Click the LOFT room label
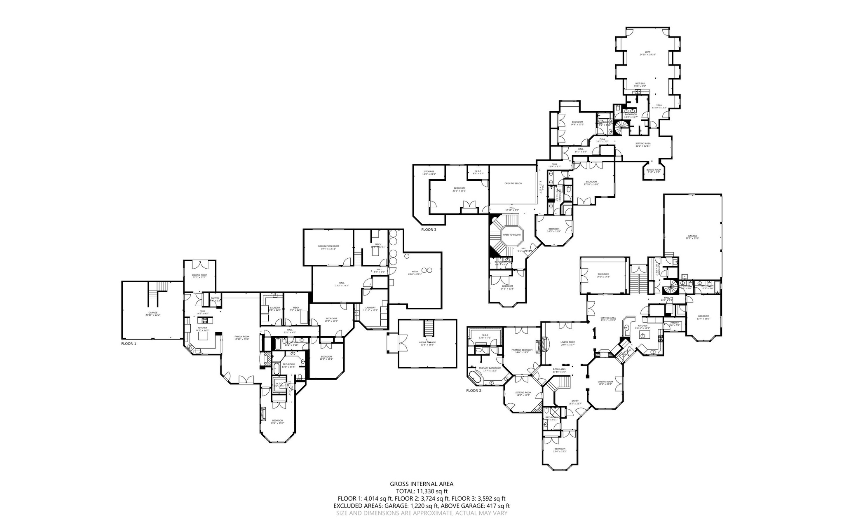647,52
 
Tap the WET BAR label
640,83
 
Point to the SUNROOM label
603,274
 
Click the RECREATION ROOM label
328,246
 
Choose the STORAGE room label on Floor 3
429,171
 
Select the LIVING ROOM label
567,342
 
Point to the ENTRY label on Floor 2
574,401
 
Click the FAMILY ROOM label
242,337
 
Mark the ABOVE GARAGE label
427,342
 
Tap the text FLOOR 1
129,343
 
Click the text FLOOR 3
429,230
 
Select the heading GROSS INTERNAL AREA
422,484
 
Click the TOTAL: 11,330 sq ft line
422,491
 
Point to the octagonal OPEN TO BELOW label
512,234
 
